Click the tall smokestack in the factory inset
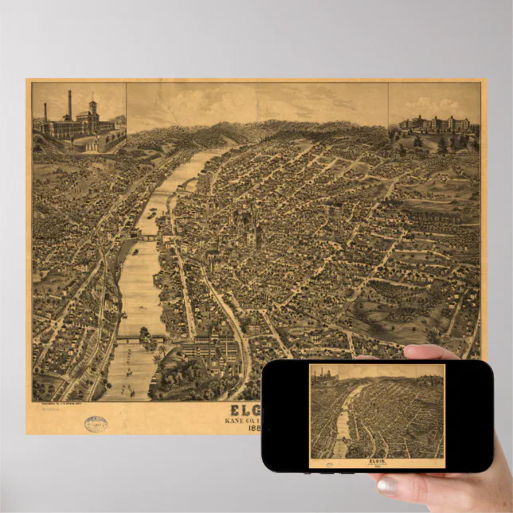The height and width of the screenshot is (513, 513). point(69,105)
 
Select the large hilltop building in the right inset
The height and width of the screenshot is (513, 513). point(433,124)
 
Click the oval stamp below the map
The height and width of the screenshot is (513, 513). point(96,424)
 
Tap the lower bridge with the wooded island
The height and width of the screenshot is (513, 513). point(140,338)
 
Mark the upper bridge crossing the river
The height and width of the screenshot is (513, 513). point(148,237)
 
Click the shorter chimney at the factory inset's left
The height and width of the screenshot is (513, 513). point(46,113)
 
